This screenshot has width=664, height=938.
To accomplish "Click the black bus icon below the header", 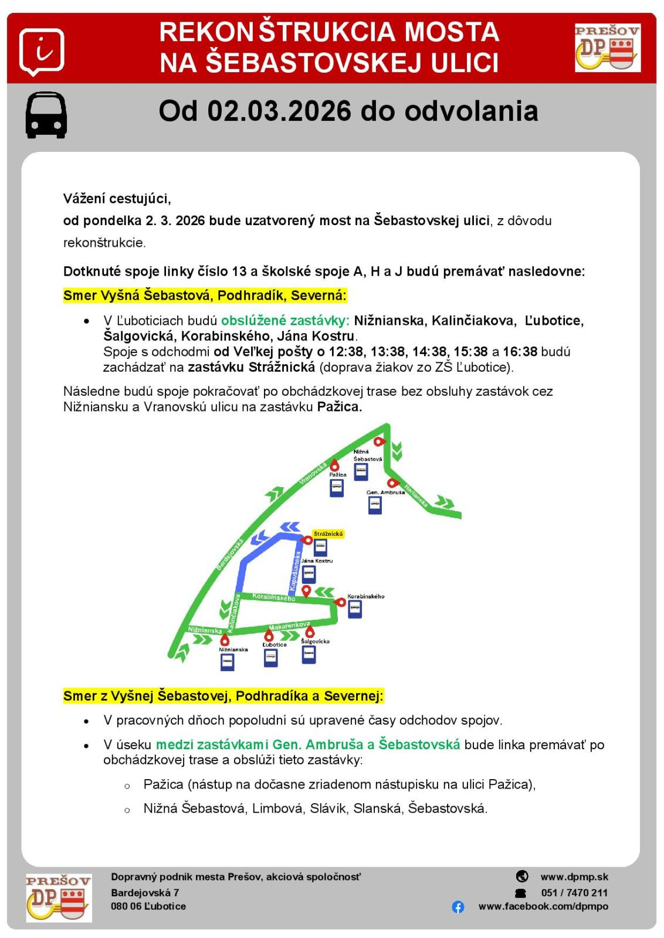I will coord(46,115).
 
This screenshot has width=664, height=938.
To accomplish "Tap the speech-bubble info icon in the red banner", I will coord(42,52).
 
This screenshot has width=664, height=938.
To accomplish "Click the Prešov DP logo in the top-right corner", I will coord(607,48).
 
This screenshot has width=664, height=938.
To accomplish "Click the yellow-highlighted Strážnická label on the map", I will coord(328,534).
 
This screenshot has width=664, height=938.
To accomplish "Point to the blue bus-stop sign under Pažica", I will coord(336,488).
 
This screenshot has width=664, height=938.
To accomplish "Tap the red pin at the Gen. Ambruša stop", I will coord(394,484).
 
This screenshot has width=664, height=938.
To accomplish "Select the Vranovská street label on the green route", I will coord(313,473).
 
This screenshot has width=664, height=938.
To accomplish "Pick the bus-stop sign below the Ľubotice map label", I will coord(271,658).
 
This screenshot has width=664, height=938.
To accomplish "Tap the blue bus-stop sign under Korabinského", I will coord(355,609).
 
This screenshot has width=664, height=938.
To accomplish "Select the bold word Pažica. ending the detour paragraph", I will coord(340,406).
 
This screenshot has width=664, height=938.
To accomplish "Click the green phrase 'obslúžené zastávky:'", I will coord(285,321).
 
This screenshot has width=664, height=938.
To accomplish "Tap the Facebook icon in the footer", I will coord(458,907).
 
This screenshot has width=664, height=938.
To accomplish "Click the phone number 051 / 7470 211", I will coord(574,893).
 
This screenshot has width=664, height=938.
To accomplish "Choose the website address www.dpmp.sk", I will coord(574,877).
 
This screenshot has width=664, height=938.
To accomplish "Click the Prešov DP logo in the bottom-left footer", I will coord(59,898).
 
